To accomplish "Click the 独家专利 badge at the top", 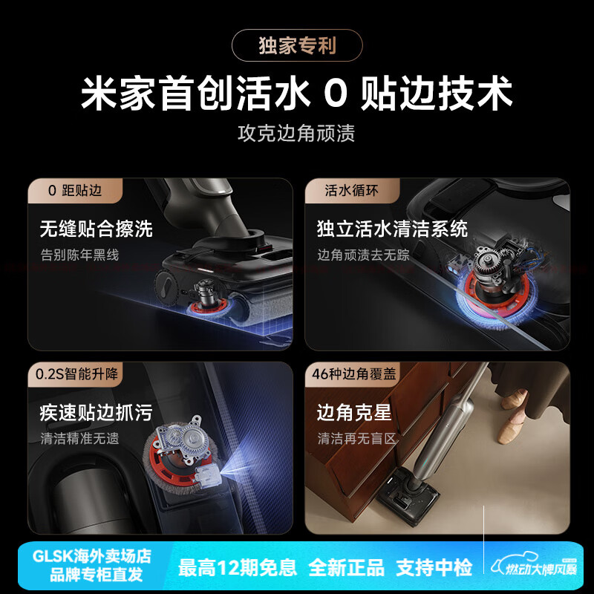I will coord(297,45).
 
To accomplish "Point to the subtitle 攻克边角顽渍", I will coord(297,134).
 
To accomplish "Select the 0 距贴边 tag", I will coord(74,191).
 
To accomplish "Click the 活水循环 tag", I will coord(352,191).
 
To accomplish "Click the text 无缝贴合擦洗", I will coord(97,229).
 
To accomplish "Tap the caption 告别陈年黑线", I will coord(79,255).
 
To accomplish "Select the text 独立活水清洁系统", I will coord(393,229).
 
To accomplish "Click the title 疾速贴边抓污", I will coord(97,413).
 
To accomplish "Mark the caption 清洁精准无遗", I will coord(79,438).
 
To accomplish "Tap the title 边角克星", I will coord(354,413).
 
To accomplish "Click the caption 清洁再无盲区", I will coord(357,438).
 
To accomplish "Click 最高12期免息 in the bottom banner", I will coord(238,568).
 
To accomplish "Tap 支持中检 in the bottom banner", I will coord(434,568).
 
